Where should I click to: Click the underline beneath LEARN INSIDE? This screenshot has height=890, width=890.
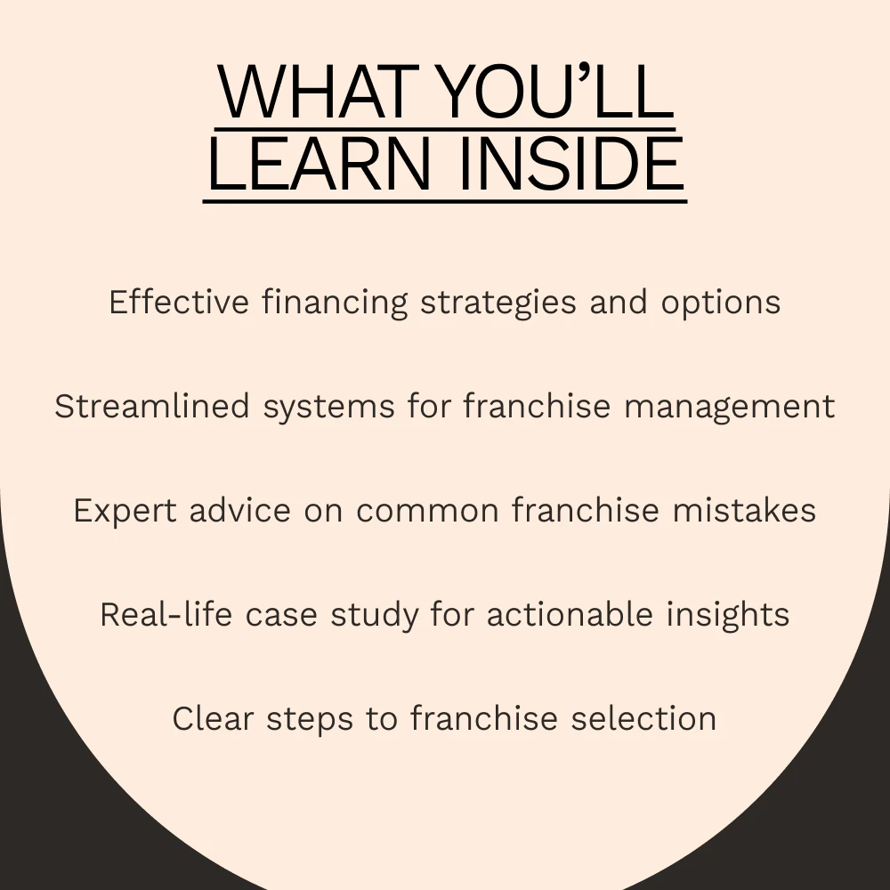(445, 201)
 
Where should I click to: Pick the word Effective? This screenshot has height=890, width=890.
(179, 302)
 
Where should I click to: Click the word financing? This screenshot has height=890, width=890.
(335, 303)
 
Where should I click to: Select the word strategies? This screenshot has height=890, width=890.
(498, 303)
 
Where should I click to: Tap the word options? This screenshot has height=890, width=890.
(721, 303)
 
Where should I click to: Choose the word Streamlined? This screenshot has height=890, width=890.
(152, 407)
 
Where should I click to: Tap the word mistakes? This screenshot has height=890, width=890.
(744, 510)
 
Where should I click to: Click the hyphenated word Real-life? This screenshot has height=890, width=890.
(166, 614)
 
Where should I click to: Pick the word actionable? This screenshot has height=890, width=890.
(570, 614)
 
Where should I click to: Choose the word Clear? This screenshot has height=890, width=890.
(213, 718)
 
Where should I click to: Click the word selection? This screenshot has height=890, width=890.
(643, 718)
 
